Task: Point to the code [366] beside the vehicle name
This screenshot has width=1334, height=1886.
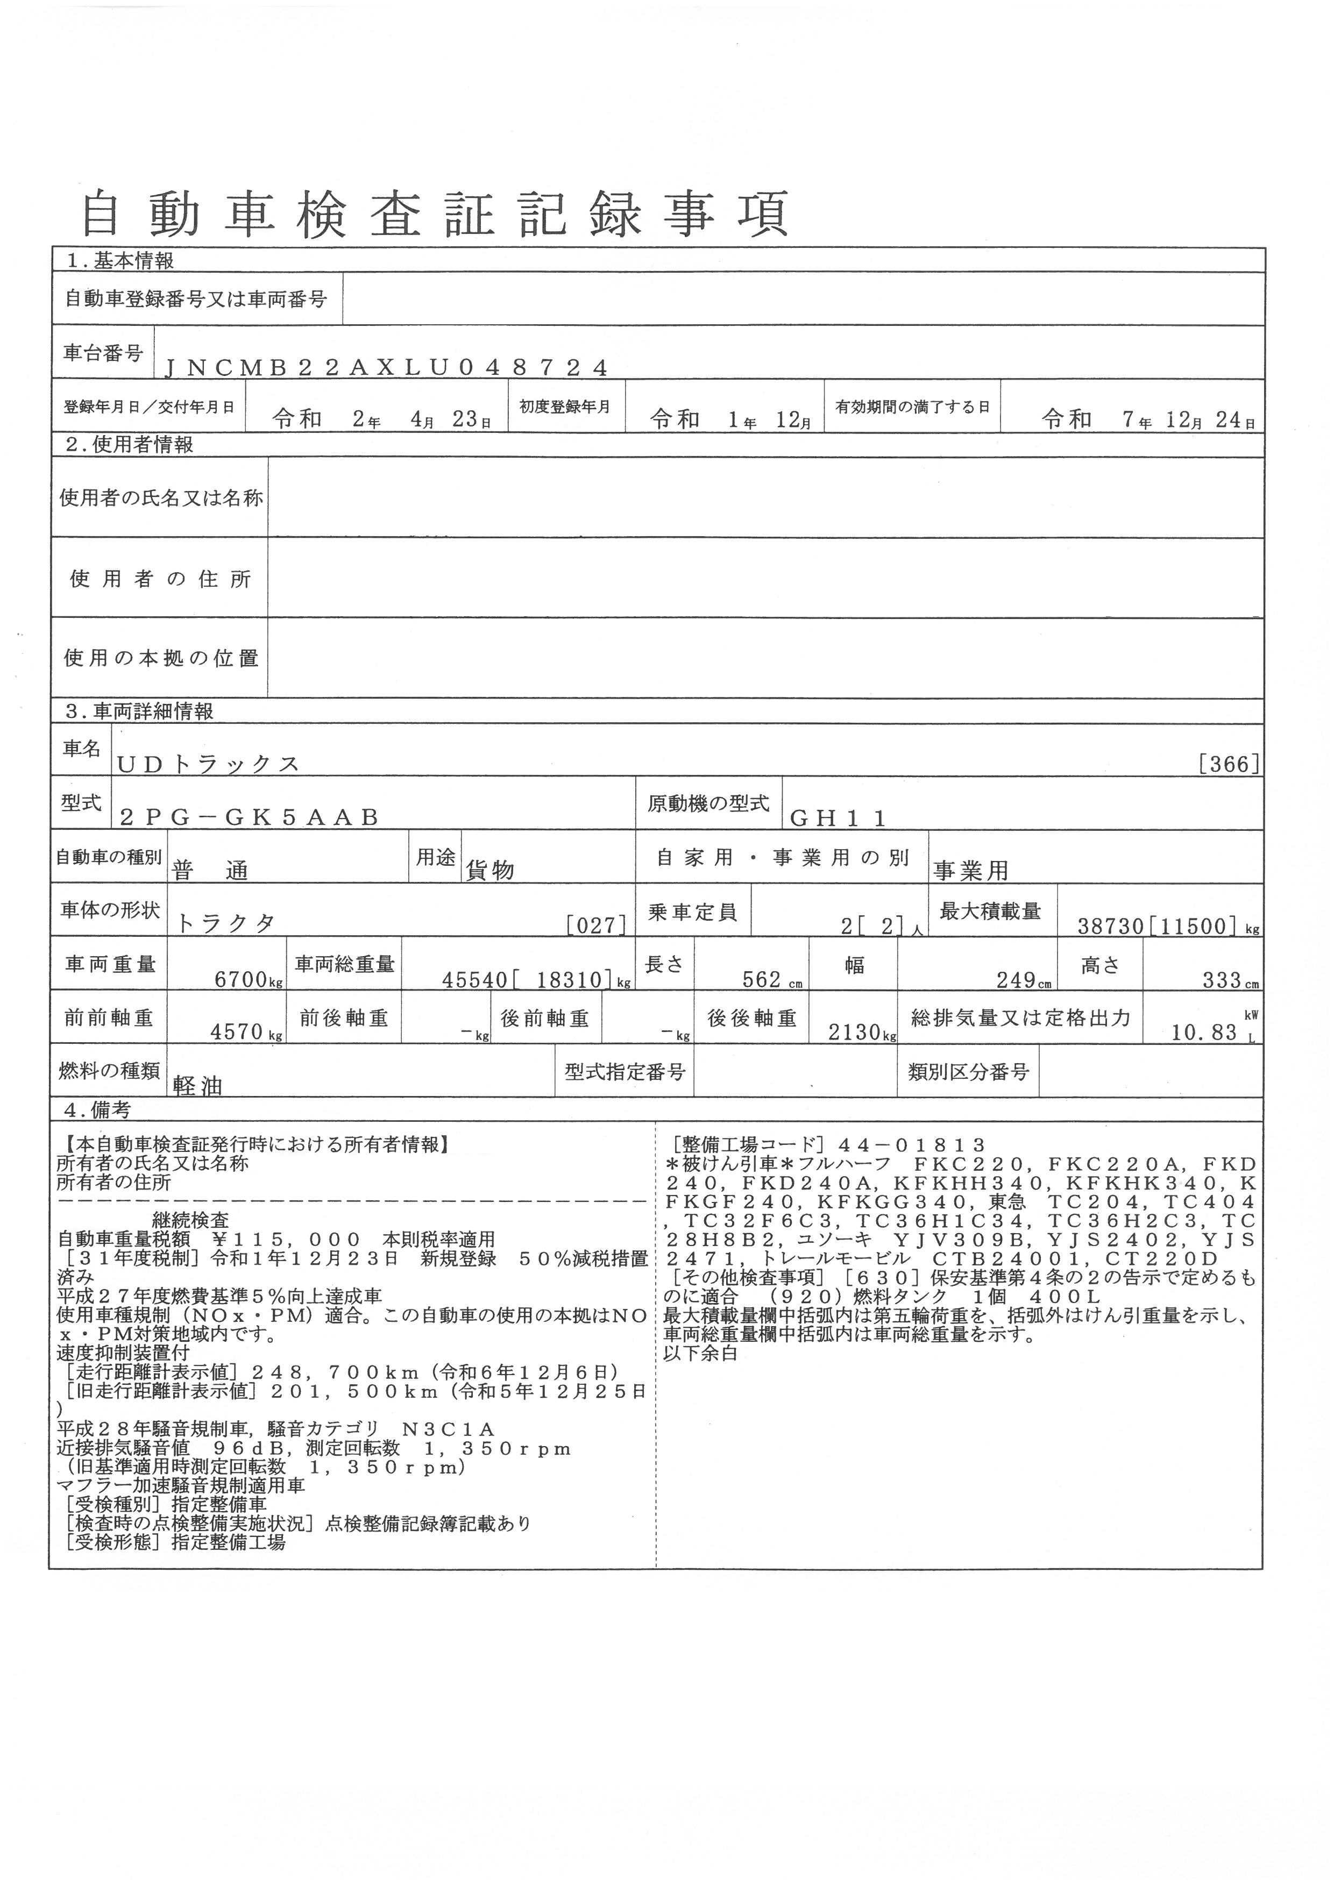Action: (1229, 764)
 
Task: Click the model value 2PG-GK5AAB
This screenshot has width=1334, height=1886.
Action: (249, 817)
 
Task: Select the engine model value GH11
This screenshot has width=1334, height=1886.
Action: (838, 817)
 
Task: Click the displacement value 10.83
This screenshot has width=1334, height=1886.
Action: (1204, 1033)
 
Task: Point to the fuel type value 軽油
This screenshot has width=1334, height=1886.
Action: (198, 1086)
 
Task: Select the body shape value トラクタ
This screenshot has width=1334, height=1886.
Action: (226, 923)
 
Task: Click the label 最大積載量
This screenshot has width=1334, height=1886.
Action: (990, 911)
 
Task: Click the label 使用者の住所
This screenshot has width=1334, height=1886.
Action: (160, 579)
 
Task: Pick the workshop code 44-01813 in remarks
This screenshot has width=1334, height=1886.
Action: (912, 1145)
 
